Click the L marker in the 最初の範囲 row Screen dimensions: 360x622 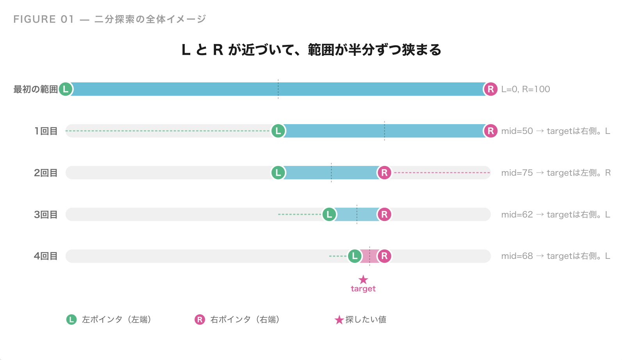[x=66, y=89]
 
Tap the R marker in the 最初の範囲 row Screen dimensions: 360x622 [x=490, y=89]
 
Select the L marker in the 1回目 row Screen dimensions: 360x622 [x=278, y=131]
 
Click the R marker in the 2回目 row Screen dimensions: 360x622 [x=384, y=173]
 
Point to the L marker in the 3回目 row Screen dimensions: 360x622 [x=329, y=214]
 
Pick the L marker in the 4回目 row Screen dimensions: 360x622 [x=355, y=256]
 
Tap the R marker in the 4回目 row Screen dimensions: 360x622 [x=384, y=256]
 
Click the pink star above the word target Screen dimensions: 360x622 [x=363, y=280]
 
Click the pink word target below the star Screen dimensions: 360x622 [x=363, y=289]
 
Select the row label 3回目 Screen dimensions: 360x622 [x=46, y=214]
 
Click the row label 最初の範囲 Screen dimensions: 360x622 [x=36, y=89]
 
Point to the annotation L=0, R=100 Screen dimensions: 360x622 [x=525, y=89]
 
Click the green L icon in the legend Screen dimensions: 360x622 [x=71, y=320]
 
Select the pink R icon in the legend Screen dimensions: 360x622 [x=200, y=320]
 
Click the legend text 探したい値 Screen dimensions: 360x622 [x=366, y=320]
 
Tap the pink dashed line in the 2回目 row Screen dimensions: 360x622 [x=441, y=173]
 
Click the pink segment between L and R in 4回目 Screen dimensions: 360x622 [x=370, y=256]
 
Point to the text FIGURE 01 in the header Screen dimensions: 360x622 [x=43, y=19]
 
